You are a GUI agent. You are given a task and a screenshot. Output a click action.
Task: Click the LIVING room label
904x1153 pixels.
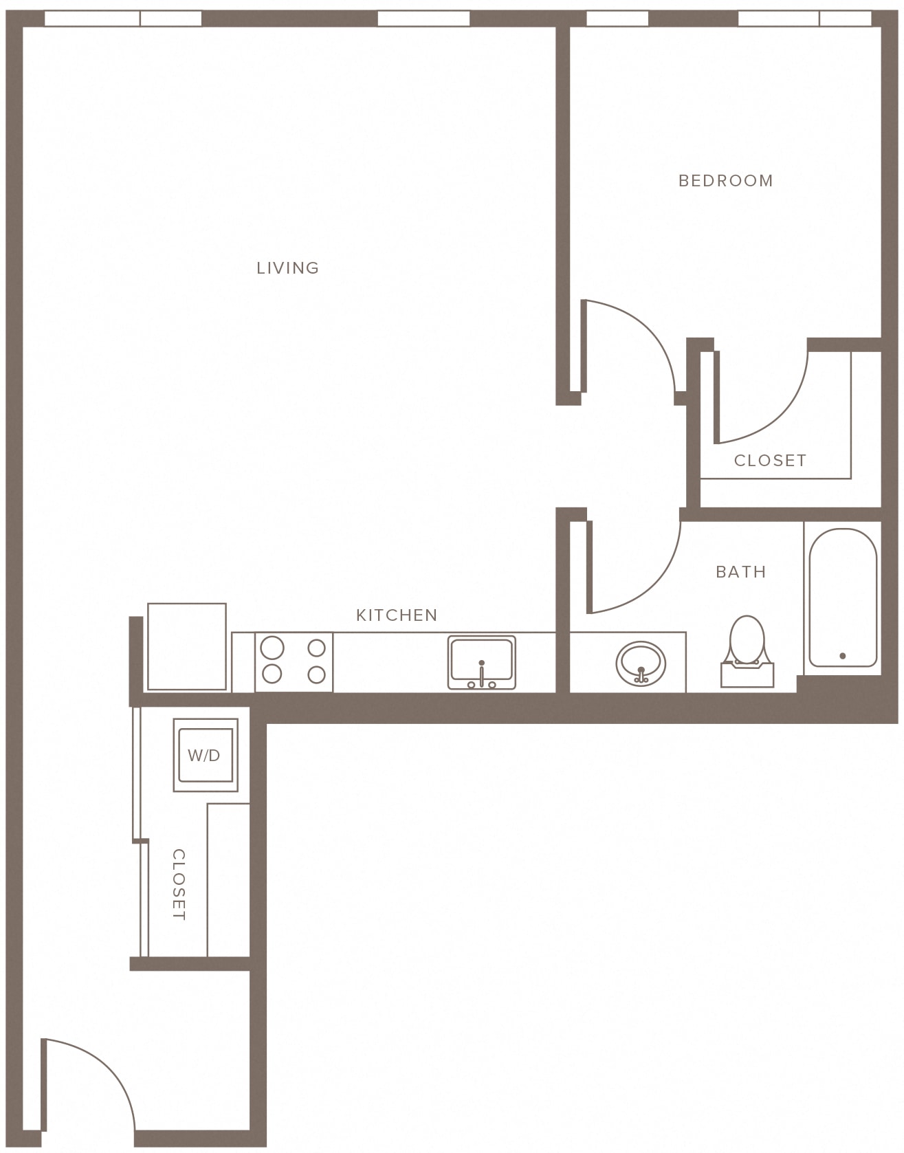tap(287, 268)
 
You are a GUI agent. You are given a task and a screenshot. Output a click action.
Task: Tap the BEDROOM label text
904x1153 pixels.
tap(725, 181)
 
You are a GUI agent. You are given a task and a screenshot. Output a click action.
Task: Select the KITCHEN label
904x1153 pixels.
tap(397, 615)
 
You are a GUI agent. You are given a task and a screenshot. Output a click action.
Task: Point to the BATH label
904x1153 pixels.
tap(740, 572)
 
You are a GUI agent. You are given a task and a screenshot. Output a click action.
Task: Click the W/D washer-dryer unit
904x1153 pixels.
tap(206, 755)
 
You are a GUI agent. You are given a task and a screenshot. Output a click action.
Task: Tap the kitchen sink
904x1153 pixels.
tap(481, 662)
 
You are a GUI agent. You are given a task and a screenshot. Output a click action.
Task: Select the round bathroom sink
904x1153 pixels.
tap(641, 663)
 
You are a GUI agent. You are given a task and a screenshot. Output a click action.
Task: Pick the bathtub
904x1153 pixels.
tap(843, 598)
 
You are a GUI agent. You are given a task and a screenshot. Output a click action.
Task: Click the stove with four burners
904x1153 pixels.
tap(294, 662)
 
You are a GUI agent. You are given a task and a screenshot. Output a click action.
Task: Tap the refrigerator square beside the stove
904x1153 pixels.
tap(187, 647)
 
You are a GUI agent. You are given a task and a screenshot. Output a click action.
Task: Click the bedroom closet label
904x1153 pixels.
tap(770, 461)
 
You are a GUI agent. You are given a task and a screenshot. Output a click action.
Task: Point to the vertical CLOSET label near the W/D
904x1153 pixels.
tap(179, 884)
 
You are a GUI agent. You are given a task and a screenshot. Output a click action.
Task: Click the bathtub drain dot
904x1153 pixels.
tap(843, 656)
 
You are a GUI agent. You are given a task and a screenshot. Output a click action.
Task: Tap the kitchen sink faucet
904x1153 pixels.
tap(482, 674)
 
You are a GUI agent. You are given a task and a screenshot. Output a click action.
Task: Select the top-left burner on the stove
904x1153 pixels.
tap(272, 648)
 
